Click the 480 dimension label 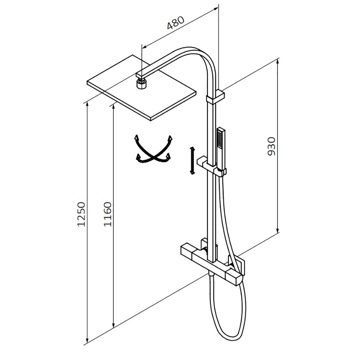click(175, 23)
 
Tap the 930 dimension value click(271, 146)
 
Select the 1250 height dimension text click(81, 214)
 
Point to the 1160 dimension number click(107, 214)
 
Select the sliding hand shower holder click(211, 166)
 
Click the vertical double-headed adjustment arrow click(192, 161)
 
